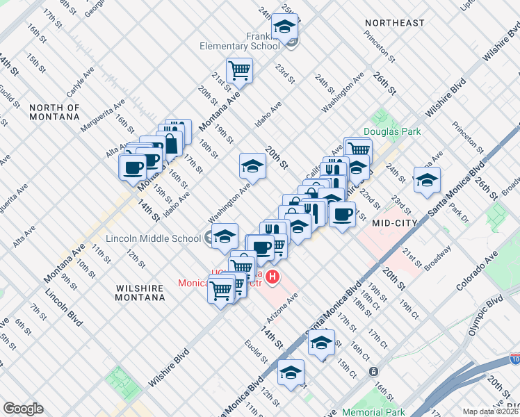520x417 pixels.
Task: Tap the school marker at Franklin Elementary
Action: (284, 28)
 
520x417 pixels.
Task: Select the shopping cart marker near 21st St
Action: (239, 69)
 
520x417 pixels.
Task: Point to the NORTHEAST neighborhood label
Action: (394, 23)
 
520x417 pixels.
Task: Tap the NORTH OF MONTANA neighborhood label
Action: (55, 112)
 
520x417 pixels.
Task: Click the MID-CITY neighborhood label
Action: (394, 223)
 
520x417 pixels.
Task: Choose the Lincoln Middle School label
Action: (154, 238)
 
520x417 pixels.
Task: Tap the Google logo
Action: (23, 409)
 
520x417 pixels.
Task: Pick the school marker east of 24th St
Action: (426, 181)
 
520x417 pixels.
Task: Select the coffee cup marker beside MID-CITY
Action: (341, 215)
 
